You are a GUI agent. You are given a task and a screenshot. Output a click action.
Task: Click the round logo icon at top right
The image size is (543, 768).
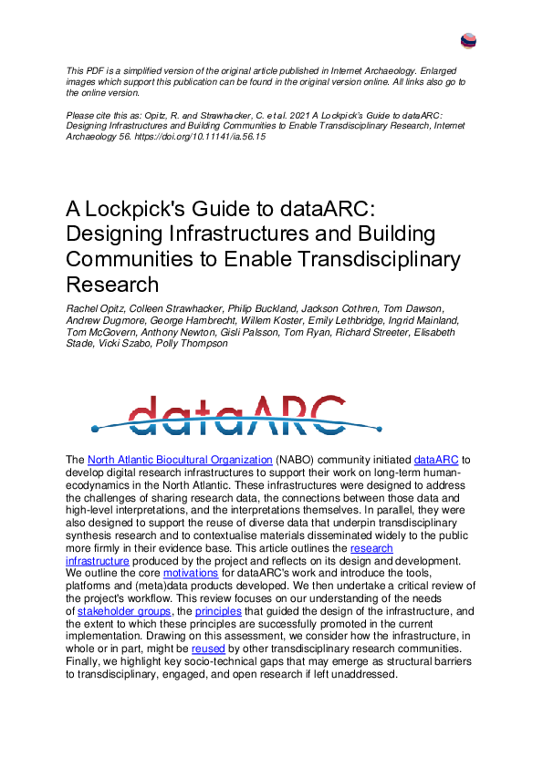[469, 41]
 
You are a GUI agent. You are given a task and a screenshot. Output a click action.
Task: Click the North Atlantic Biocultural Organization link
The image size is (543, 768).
[180, 461]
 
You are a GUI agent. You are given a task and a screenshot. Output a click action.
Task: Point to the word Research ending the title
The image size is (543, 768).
[113, 284]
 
